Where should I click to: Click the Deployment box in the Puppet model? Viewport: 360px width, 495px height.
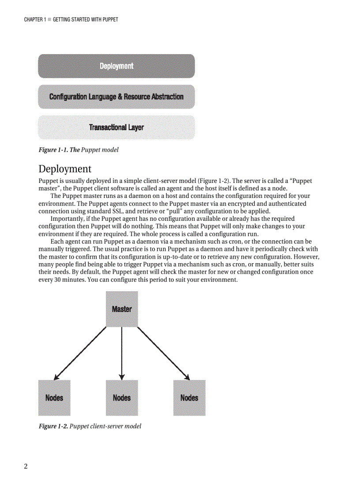point(116,66)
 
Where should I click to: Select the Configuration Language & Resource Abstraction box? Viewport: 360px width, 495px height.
point(116,97)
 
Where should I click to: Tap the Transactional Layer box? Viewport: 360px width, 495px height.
point(116,127)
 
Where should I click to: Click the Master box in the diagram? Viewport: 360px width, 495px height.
point(121,309)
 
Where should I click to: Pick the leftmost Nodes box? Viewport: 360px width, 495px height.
point(54,398)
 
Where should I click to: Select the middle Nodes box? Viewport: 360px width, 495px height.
point(121,398)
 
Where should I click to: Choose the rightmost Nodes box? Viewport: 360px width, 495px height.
point(189,398)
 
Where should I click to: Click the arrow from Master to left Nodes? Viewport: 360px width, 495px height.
point(80,353)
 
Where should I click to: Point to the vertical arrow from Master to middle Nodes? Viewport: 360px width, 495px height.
point(121,353)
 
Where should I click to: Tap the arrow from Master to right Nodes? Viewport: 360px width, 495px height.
point(163,353)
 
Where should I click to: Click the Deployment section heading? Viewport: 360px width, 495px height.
point(65,169)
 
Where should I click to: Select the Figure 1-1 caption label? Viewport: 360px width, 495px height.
point(59,150)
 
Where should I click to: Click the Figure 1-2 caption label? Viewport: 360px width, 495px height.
point(53,426)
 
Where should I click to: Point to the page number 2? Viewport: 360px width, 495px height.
point(26,467)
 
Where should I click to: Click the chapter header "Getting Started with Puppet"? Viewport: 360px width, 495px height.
point(85,19)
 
